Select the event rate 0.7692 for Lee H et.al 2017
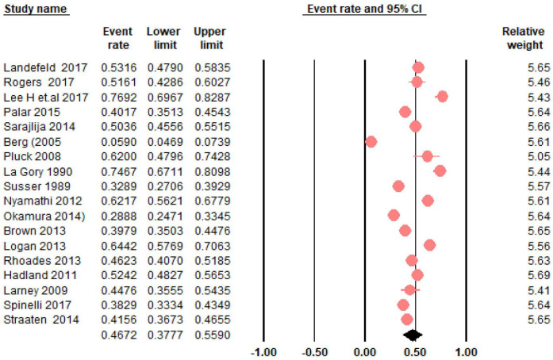[x=117, y=97]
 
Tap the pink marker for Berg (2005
[x=371, y=141]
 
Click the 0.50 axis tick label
[x=415, y=351]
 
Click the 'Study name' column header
[x=34, y=9]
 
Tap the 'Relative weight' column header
[x=524, y=38]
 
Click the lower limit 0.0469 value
[x=163, y=141]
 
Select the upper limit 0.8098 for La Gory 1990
[x=209, y=170]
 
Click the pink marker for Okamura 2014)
[x=394, y=215]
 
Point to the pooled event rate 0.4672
[x=117, y=335]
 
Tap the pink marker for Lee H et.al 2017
[x=442, y=97]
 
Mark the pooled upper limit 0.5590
[x=209, y=335]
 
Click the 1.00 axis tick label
[x=466, y=351]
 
